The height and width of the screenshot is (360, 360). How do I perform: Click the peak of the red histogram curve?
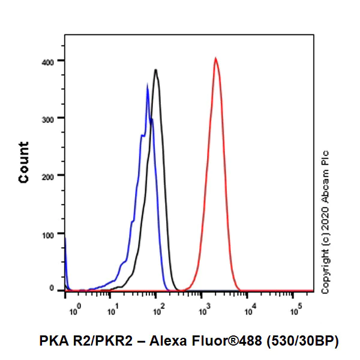[215, 58]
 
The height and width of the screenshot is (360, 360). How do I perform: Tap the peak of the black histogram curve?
[155, 70]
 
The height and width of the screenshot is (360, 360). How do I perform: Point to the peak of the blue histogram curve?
[148, 85]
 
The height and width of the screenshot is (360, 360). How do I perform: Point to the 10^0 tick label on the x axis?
[74, 311]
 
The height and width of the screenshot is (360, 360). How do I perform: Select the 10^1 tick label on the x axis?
[112, 311]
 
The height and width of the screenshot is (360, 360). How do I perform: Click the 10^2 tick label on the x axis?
[158, 311]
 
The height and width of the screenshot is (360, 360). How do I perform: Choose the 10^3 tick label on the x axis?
[203, 311]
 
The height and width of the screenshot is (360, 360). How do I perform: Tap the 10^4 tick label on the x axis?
[248, 311]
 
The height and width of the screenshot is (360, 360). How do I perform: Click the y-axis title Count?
[24, 162]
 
